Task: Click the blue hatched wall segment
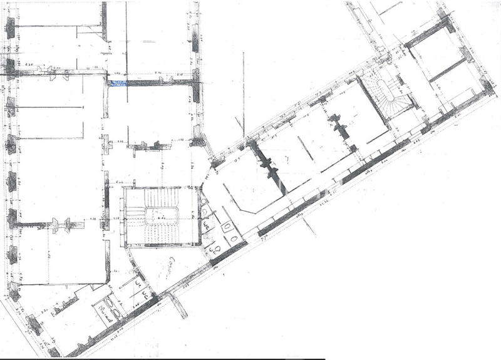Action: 119,83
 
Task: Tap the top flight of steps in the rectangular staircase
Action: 161,200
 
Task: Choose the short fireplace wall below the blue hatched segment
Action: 149,147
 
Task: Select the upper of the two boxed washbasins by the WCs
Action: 227,226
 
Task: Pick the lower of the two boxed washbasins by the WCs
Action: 233,237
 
